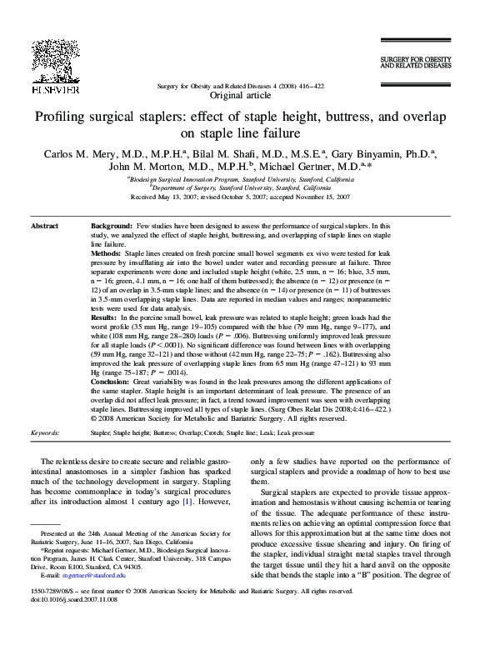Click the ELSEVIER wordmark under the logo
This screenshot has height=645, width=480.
coord(54,88)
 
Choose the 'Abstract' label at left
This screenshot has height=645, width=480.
coord(44,227)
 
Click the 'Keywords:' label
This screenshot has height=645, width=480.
coord(45,434)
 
